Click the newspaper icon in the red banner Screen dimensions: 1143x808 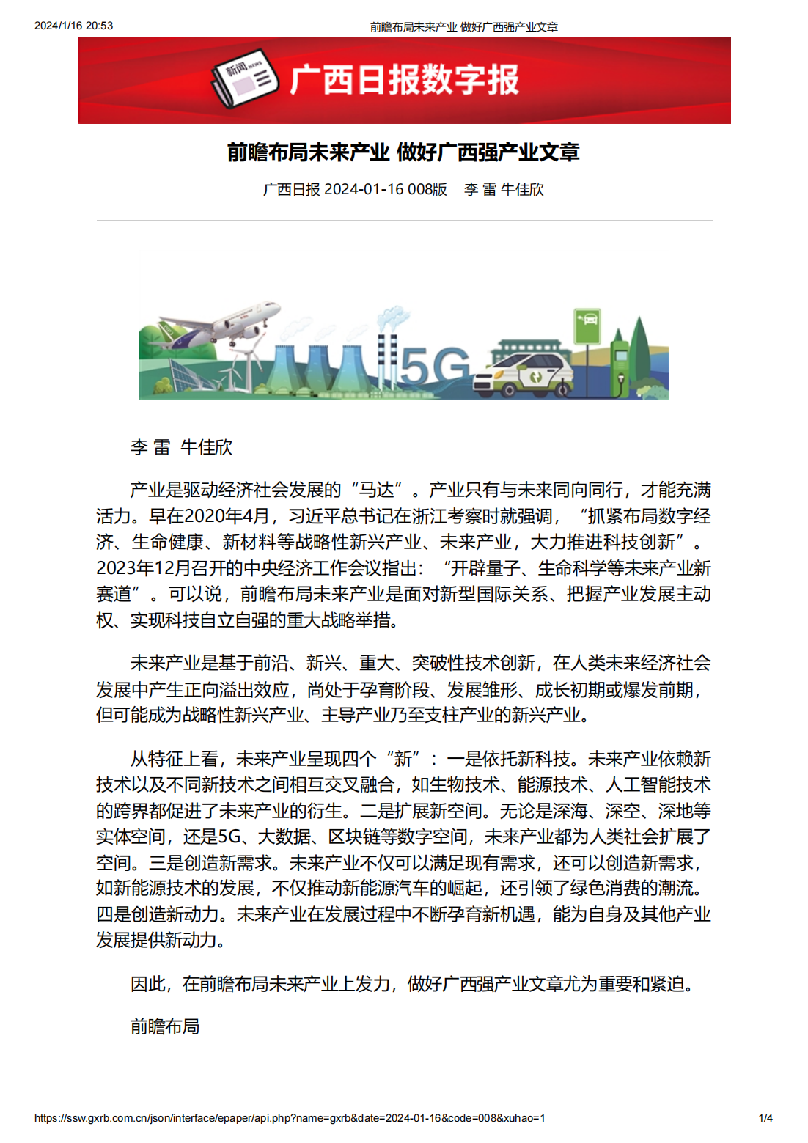pos(244,78)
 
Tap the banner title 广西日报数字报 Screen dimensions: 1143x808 pos(404,80)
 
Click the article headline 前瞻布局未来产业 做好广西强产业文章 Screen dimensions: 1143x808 pos(403,152)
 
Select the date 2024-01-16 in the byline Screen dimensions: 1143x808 pos(363,189)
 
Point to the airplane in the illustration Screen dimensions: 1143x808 pos(220,326)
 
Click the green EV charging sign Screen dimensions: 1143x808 pos(587,326)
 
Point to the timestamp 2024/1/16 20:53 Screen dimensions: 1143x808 pos(73,26)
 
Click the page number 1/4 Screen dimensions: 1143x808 pos(765,1118)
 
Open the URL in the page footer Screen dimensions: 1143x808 pos(290,1118)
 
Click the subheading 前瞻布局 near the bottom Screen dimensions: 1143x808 pos(165,1026)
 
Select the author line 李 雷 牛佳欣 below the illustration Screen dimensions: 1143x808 pos(181,447)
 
